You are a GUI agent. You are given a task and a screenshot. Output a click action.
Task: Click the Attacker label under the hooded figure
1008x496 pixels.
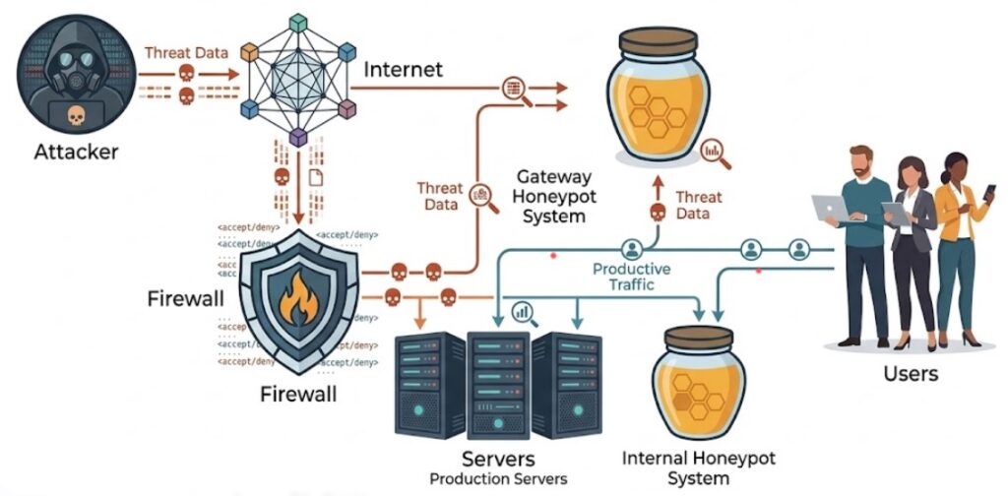(76, 153)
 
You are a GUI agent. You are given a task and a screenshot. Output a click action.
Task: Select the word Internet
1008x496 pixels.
(404, 70)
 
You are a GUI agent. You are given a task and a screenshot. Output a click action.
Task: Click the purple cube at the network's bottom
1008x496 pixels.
(299, 135)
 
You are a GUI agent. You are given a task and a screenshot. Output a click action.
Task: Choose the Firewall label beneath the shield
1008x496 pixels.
(298, 395)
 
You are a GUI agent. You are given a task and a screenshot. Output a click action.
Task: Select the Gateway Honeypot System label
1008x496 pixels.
(554, 196)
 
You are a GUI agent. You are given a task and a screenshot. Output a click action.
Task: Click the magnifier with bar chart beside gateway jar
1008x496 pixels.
(717, 153)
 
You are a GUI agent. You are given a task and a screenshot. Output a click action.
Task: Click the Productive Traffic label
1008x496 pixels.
(631, 276)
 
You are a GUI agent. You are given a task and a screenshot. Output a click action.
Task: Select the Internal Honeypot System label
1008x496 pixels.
(699, 468)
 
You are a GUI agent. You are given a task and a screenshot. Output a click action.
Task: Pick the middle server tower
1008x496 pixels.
(498, 384)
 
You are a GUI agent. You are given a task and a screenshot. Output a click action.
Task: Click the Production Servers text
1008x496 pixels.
(497, 478)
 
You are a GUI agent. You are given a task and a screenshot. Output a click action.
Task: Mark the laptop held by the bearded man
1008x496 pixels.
(831, 208)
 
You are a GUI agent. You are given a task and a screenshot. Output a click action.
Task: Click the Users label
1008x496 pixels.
(911, 373)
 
